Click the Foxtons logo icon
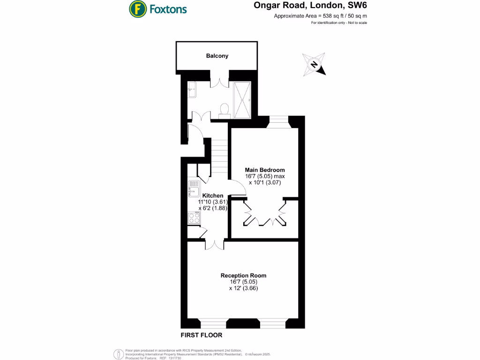pyautogui.click(x=137, y=8)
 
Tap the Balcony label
pyautogui.click(x=217, y=56)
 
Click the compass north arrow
pyautogui.click(x=315, y=65)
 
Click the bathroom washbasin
pyautogui.click(x=192, y=90)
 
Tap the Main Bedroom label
pyautogui.click(x=265, y=170)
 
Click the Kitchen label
pyautogui.click(x=213, y=195)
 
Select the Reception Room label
pyautogui.click(x=243, y=275)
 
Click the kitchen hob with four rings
pyautogui.click(x=193, y=217)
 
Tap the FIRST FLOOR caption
pyautogui.click(x=202, y=335)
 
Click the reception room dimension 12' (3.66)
pyautogui.click(x=243, y=288)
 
